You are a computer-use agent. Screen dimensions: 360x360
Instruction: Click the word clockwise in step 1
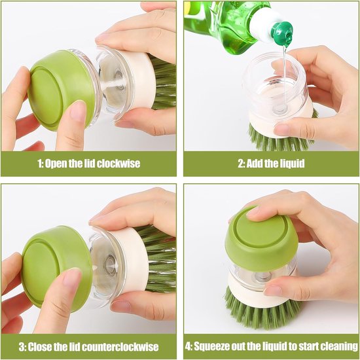pyautogui.click(x=118, y=164)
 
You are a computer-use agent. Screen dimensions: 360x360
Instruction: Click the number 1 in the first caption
pyautogui.click(x=39, y=164)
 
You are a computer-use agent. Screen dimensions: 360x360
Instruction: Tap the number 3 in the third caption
pyautogui.click(x=22, y=347)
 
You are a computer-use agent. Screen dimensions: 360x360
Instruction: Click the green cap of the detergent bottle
pyautogui.click(x=282, y=33)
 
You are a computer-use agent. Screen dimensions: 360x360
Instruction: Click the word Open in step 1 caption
pyautogui.click(x=56, y=164)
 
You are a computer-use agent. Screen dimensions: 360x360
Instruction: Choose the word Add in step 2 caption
pyautogui.click(x=255, y=164)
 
